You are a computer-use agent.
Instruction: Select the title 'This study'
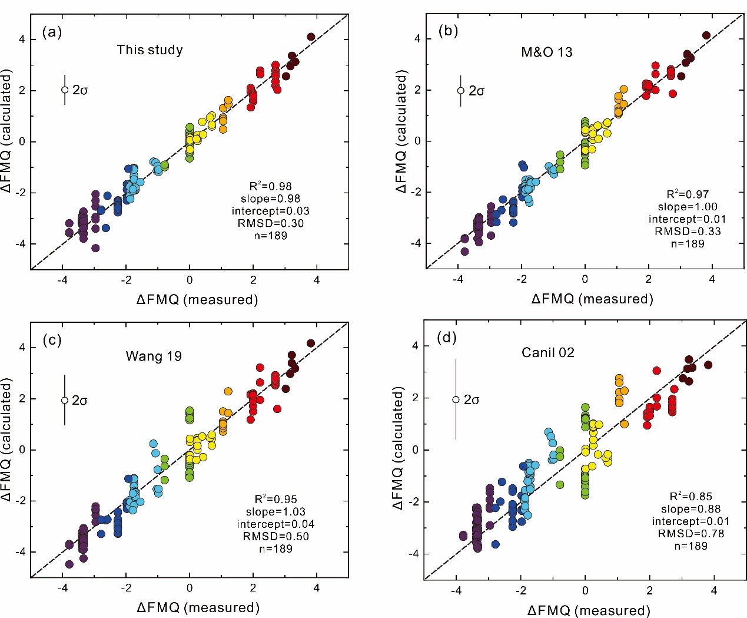pos(150,50)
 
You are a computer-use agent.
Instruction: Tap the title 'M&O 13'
pos(546,52)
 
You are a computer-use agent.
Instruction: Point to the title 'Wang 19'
pos(153,356)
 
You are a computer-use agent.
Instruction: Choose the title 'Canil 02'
pos(547,353)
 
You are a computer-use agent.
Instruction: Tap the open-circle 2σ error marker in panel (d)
pos(456,399)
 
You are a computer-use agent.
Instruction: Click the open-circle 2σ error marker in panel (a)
pos(65,90)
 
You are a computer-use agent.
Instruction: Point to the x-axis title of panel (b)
pos(592,299)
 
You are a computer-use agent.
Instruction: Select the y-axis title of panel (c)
pos(8,449)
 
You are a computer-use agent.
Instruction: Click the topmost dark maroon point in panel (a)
pos(311,37)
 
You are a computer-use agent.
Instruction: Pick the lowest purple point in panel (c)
pos(69,564)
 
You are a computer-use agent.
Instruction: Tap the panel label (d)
pos(446,338)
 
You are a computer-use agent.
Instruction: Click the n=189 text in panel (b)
pos(688,244)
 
